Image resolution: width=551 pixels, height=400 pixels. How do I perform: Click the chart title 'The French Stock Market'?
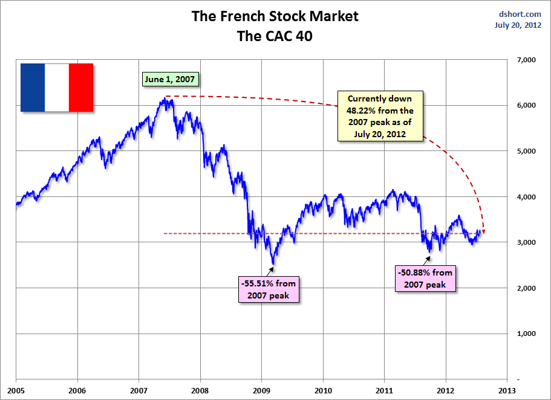point(275,16)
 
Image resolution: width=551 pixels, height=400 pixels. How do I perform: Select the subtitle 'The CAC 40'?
point(275,36)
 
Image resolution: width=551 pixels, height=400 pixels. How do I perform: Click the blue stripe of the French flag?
point(33,88)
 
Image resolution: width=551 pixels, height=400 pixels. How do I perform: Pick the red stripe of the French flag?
point(81,88)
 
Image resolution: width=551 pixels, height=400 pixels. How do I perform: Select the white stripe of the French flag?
point(57,88)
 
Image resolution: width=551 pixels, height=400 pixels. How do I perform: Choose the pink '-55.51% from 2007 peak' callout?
point(269,288)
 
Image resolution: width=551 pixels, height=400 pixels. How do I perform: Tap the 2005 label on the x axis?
point(16,390)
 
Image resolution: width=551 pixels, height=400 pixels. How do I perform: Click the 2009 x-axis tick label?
point(261,390)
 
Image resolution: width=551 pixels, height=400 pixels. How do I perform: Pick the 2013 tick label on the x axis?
point(507,390)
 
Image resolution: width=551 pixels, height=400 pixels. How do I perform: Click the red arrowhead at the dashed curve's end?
point(483,230)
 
